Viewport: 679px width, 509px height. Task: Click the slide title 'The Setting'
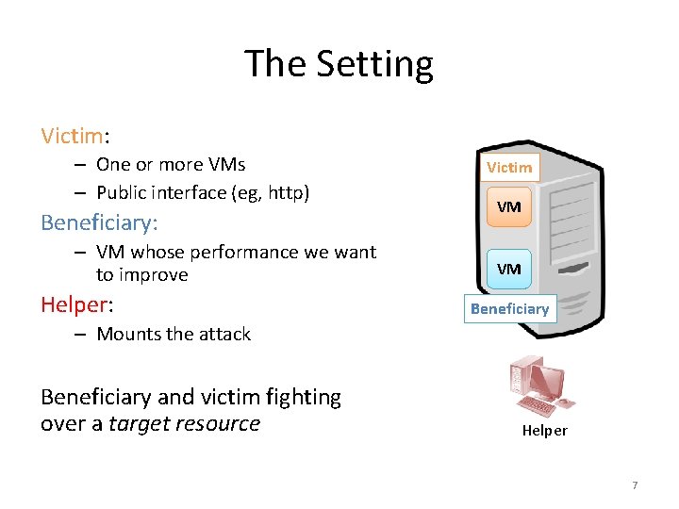click(339, 64)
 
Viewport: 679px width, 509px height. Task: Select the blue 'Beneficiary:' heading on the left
click(99, 222)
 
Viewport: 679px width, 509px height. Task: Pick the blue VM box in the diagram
click(508, 269)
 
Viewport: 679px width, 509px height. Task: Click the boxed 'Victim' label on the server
click(509, 168)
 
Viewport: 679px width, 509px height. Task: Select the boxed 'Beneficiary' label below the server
click(509, 309)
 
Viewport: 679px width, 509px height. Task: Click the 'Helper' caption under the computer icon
click(545, 431)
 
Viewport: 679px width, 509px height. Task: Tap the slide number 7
click(635, 485)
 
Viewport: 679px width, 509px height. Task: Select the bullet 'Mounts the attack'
click(174, 334)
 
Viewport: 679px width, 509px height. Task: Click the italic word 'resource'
click(221, 423)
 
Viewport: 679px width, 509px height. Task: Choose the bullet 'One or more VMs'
click(171, 164)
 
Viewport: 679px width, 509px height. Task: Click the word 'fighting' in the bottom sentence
click(305, 397)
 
